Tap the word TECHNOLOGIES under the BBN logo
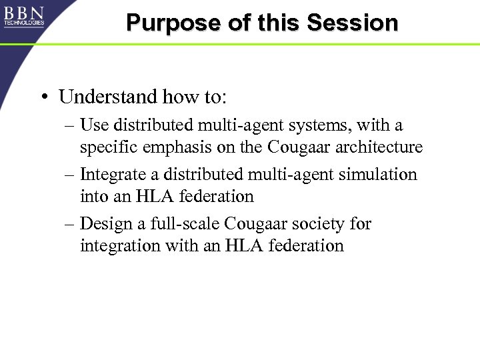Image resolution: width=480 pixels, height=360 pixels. click(x=24, y=23)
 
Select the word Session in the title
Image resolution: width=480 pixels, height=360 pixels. click(x=353, y=23)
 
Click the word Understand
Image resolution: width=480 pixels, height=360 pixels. click(x=109, y=97)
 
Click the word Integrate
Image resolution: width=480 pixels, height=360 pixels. click(x=110, y=175)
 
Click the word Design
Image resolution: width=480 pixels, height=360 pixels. click(x=103, y=224)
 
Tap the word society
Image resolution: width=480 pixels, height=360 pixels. click(x=315, y=224)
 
